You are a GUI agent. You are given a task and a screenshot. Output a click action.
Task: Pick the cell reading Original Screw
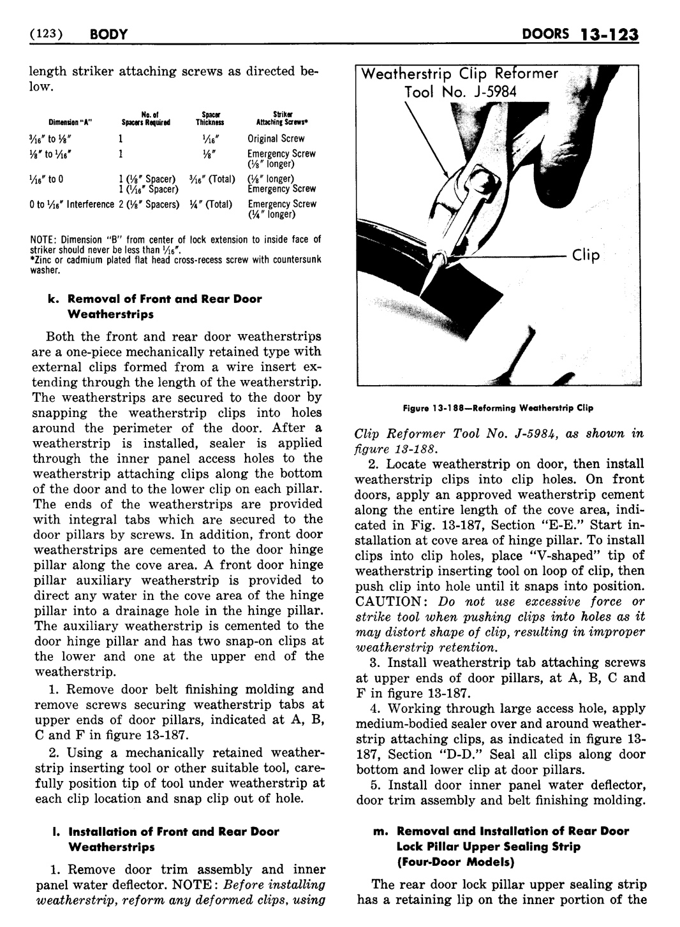pos(276,138)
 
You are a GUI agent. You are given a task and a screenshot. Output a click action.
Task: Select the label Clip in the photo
pos(586,256)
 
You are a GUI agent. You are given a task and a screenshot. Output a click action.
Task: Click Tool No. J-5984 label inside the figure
pos(460,91)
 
